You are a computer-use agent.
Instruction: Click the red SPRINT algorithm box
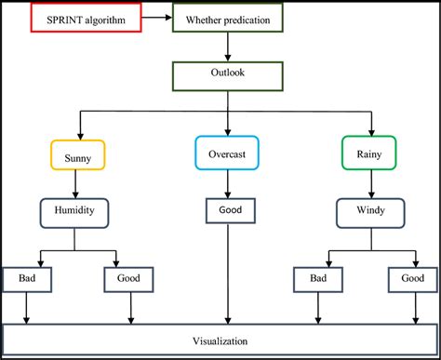(x=87, y=19)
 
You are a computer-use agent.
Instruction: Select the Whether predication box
(x=228, y=20)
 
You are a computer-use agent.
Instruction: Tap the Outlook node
(x=228, y=75)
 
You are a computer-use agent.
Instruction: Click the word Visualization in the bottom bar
(x=221, y=340)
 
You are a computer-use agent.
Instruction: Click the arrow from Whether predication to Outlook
(x=228, y=47)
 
